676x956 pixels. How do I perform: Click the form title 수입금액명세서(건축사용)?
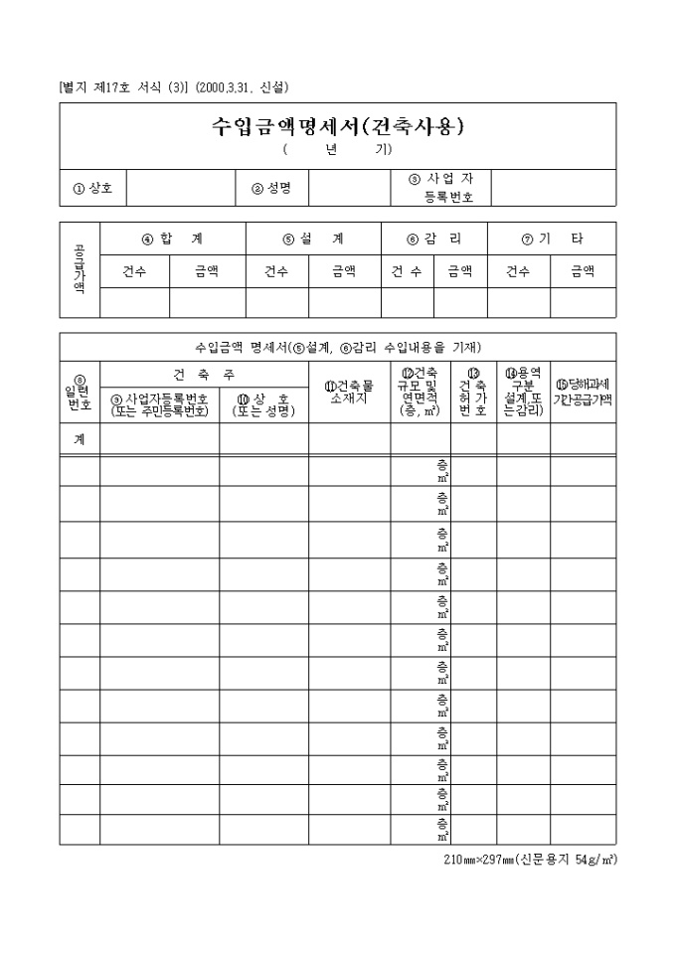tap(338, 126)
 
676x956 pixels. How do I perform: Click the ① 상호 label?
tap(92, 188)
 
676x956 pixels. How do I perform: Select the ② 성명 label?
tap(270, 188)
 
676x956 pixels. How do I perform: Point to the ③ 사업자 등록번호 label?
tap(440, 187)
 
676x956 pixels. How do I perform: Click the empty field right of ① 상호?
tap(180, 188)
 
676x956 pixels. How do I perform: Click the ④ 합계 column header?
tap(173, 239)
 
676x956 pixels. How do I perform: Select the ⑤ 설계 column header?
tap(313, 239)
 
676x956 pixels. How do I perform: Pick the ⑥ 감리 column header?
tap(434, 239)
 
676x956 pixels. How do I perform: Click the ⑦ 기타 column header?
tap(553, 239)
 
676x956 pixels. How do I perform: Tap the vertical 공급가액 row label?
tap(80, 269)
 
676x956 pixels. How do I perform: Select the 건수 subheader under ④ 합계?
tap(134, 271)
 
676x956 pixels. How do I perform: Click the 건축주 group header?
tap(204, 374)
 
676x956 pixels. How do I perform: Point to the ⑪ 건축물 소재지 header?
tap(349, 392)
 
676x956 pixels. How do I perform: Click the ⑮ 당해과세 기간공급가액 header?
tap(584, 392)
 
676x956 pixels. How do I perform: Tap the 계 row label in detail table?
tap(80, 439)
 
